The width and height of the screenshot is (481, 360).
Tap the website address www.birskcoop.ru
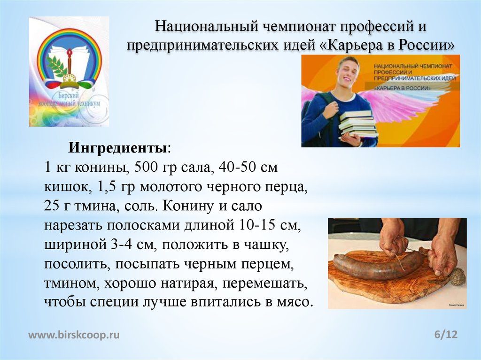coord(74,335)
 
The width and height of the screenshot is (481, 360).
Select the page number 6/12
coord(446,334)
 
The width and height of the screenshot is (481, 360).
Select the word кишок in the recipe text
coord(65,187)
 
